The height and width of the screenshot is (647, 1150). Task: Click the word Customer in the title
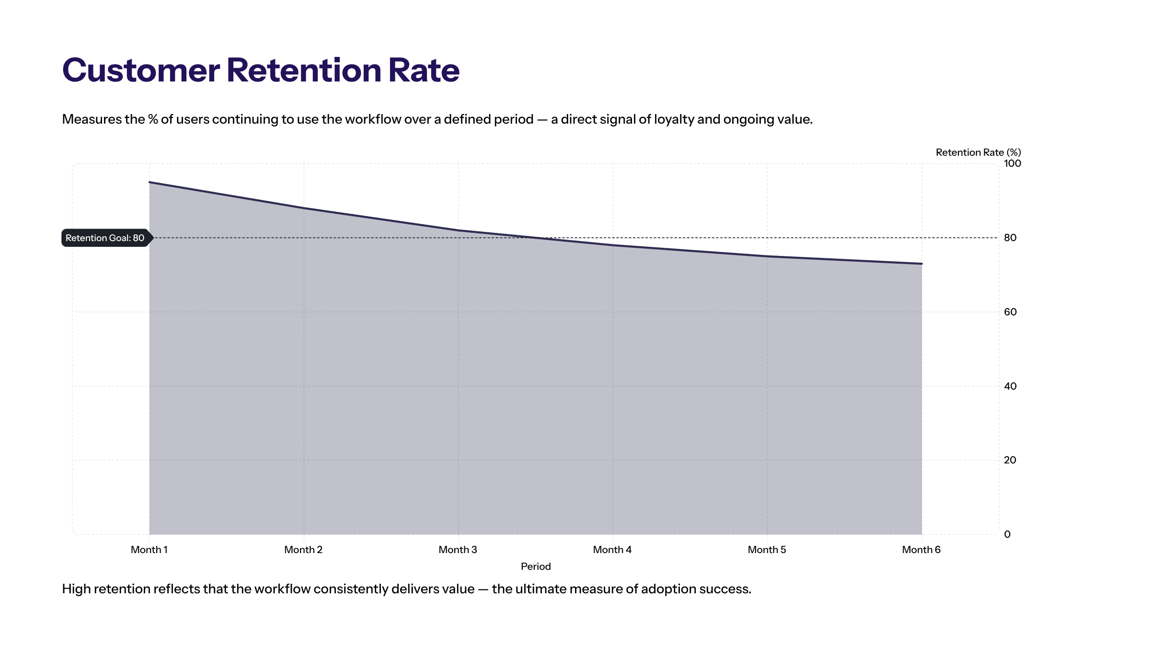click(141, 70)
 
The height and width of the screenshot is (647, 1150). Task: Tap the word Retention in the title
click(304, 70)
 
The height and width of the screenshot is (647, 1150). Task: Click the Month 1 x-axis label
click(149, 550)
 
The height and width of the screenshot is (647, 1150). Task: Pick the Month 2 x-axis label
click(303, 550)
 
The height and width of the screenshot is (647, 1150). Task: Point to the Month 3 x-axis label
click(458, 550)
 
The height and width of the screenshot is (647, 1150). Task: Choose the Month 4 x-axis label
click(612, 550)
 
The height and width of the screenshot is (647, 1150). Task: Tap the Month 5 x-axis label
click(767, 550)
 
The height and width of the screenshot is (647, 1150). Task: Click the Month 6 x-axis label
click(921, 550)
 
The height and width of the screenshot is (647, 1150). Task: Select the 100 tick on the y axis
click(1012, 163)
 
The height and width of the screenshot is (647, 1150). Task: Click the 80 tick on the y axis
click(1010, 238)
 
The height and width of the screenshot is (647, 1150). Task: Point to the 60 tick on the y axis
click(1010, 312)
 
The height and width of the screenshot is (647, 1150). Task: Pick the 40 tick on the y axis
click(1010, 386)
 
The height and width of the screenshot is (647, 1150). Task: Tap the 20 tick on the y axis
click(1010, 460)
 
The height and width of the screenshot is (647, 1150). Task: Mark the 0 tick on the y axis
click(1007, 534)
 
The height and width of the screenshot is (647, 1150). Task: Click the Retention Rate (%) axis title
click(978, 152)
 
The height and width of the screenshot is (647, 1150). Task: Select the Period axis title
click(536, 566)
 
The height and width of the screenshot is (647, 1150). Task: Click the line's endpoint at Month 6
click(921, 264)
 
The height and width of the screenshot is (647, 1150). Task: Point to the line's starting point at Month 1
click(149, 182)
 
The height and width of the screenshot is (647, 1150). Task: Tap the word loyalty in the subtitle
click(674, 119)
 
